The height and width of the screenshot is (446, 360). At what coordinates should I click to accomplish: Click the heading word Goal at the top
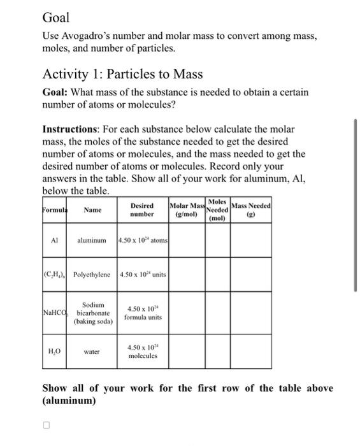point(55,17)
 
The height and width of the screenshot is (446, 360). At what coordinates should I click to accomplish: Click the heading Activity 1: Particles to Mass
point(122,75)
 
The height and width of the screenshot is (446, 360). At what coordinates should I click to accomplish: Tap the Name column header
point(92,210)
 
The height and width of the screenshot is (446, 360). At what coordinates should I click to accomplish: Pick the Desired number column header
point(141,210)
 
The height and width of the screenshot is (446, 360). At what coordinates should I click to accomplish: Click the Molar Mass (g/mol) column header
point(186,210)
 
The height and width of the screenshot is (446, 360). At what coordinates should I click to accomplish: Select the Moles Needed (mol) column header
point(217,209)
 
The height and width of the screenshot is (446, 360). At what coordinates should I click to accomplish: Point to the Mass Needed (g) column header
point(252,210)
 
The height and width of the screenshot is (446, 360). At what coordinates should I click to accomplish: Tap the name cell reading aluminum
point(92,241)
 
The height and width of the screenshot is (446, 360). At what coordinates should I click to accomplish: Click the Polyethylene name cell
point(92,275)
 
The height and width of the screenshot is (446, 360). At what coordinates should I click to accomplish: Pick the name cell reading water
point(92,351)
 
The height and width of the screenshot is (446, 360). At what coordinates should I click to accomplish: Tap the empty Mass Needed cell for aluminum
point(252,241)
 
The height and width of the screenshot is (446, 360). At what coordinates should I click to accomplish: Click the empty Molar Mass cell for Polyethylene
point(186,275)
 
